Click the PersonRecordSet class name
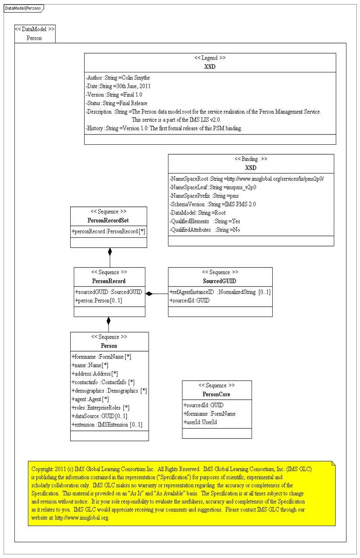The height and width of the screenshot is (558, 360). click(109, 221)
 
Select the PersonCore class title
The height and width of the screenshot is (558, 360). click(216, 394)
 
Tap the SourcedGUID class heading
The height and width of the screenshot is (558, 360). click(220, 281)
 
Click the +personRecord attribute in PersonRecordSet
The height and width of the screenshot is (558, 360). click(108, 231)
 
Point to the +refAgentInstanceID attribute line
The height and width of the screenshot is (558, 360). click(220, 292)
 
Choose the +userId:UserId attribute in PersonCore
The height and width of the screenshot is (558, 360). click(200, 422)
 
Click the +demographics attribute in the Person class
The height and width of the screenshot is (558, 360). click(109, 391)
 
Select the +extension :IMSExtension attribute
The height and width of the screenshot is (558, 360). click(108, 424)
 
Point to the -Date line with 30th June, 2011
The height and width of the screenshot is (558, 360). click(118, 86)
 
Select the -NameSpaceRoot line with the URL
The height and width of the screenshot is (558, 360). click(247, 179)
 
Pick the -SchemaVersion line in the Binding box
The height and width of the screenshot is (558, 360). click(212, 204)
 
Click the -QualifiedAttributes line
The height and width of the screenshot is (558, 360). click(205, 229)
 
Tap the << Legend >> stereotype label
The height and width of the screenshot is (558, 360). click(210, 58)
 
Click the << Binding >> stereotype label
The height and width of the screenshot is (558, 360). click(251, 159)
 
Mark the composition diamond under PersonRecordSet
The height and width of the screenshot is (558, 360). click(110, 251)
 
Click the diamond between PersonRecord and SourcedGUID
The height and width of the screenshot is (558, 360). click(149, 294)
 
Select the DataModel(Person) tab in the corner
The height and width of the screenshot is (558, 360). click(22, 8)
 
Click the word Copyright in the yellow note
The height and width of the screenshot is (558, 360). click(42, 469)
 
